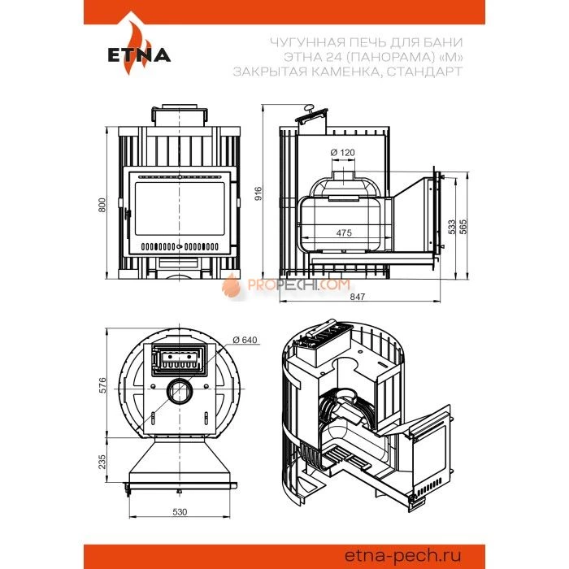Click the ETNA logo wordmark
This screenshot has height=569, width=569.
(139, 55)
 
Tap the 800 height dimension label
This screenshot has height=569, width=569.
(102, 206)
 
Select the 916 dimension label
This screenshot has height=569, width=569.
(258, 193)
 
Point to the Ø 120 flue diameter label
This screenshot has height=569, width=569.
(342, 153)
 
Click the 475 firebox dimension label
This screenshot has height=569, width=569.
(344, 232)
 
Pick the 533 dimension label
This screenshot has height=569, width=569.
(452, 227)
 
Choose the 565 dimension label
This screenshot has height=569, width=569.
(463, 227)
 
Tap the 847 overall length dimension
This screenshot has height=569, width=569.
(358, 297)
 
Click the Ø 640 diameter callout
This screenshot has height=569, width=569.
(245, 340)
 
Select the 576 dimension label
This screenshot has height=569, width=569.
(102, 385)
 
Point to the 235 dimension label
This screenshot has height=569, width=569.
(102, 462)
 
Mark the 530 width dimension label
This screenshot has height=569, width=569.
(180, 511)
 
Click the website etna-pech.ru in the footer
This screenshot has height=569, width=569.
(402, 555)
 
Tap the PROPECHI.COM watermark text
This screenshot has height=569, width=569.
(298, 284)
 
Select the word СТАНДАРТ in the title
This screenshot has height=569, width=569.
(424, 72)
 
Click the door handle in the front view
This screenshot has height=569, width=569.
(127, 214)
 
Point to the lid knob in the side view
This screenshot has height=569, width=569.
(309, 107)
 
